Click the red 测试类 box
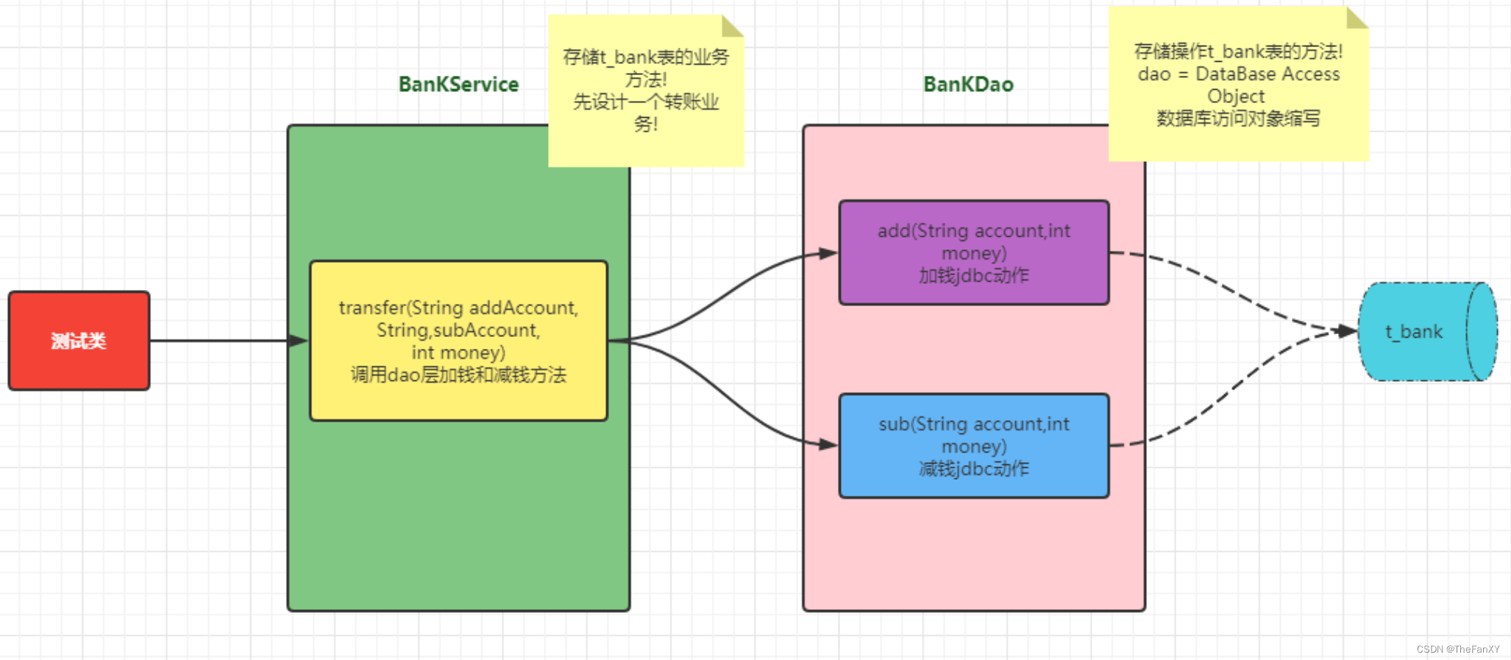coord(79,341)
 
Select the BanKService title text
coord(458,85)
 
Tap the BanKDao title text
coord(968,85)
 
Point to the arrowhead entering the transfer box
coord(298,341)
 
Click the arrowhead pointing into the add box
coord(828,254)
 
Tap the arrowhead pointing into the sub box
coord(828,444)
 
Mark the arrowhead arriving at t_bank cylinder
coord(1348,331)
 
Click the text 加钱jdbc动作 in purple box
coord(973,276)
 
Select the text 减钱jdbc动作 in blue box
coord(973,469)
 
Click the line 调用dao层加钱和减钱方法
coord(458,375)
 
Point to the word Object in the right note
coord(1236,96)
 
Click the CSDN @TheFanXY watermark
coord(1457,649)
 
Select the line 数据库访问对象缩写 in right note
coord(1238,118)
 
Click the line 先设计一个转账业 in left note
coord(645,102)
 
